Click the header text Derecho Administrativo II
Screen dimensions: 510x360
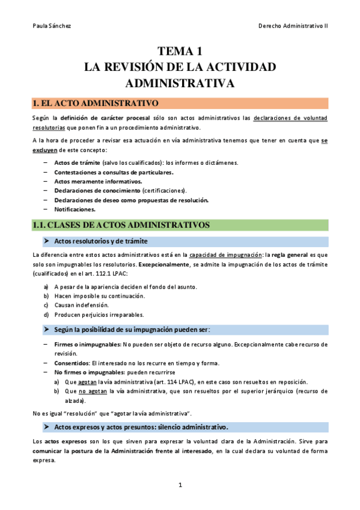coord(293,26)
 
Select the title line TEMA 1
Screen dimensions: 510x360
coord(180,52)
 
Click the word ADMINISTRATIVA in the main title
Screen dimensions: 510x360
coord(180,82)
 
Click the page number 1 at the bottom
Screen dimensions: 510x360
coord(180,485)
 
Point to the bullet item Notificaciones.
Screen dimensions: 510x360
coord(75,209)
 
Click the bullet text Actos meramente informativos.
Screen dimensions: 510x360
coord(90,181)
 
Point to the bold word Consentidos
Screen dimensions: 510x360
coord(71,363)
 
